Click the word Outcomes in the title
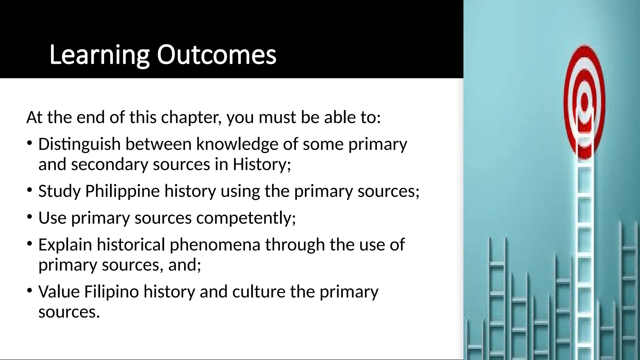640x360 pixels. [x=216, y=55]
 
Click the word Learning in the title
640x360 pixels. [x=99, y=55]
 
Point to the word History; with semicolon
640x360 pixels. [x=262, y=164]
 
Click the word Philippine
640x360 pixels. [x=122, y=191]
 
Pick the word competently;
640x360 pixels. [x=246, y=218]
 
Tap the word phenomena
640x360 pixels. [x=215, y=245]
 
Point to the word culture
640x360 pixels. [x=259, y=292]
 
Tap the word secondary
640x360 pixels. [x=109, y=164]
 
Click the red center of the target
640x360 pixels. [x=585, y=102]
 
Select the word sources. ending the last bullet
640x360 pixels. [x=69, y=312]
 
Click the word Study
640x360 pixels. [x=59, y=191]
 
